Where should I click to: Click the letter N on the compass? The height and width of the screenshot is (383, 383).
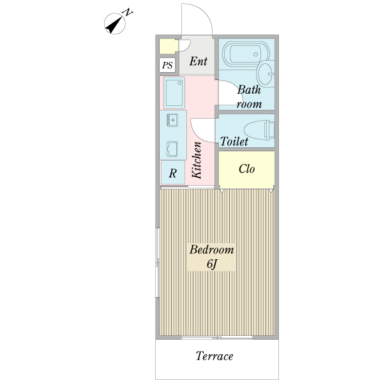(x=128, y=12)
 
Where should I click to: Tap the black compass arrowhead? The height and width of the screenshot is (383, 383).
(x=114, y=25)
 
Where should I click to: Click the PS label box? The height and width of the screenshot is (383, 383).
(x=167, y=65)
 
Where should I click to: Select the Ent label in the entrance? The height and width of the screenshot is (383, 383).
(x=198, y=61)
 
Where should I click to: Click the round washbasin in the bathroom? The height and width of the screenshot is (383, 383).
(x=266, y=74)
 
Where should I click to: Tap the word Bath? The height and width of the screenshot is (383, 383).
(x=249, y=90)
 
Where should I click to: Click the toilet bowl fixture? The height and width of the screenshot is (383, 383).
(x=259, y=130)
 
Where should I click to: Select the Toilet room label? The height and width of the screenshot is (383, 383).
(x=234, y=142)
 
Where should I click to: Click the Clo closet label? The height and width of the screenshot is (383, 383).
(x=246, y=169)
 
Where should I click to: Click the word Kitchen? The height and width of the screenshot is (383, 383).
(x=197, y=160)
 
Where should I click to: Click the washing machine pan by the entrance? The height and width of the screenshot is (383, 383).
(x=174, y=93)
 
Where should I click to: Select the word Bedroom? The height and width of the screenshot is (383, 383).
(x=211, y=250)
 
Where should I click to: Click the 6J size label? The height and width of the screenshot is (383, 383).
(x=211, y=264)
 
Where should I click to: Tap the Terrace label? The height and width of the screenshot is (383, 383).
(x=214, y=356)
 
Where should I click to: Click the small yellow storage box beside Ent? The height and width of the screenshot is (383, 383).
(x=169, y=47)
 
